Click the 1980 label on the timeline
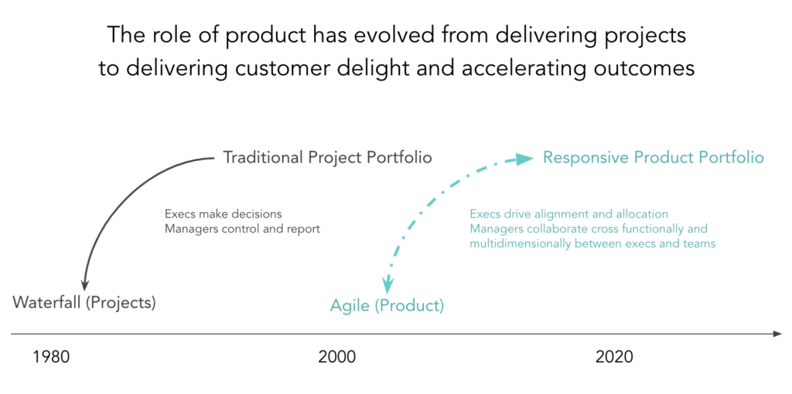pyautogui.click(x=50, y=358)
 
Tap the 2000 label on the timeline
pyautogui.click(x=337, y=358)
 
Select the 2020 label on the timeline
pyautogui.click(x=613, y=358)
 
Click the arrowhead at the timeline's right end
pyautogui.click(x=777, y=334)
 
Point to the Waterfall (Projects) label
pyautogui.click(x=84, y=303)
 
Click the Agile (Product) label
pyautogui.click(x=387, y=306)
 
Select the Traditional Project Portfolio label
pyautogui.click(x=327, y=158)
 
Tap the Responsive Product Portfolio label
pyautogui.click(x=653, y=158)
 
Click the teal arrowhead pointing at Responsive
pyautogui.click(x=525, y=159)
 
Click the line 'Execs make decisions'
pyautogui.click(x=224, y=214)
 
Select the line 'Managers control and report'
pyautogui.click(x=242, y=228)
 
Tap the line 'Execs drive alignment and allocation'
pyautogui.click(x=569, y=214)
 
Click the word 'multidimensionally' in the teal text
pyautogui.click(x=517, y=244)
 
